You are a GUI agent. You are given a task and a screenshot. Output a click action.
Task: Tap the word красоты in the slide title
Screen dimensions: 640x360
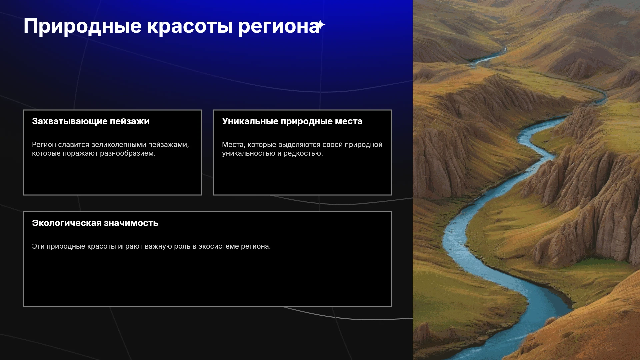coord(190,26)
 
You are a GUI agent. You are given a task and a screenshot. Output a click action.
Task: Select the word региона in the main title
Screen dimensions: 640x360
coord(278,26)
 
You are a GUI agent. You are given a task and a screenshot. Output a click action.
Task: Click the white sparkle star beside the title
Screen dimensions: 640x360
coord(321,25)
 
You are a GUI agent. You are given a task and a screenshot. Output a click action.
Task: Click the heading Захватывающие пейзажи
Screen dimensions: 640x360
coord(91,121)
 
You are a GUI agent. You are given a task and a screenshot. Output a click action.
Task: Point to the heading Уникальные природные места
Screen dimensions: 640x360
coord(292,121)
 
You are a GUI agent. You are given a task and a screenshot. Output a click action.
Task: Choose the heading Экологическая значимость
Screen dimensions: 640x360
coord(95,223)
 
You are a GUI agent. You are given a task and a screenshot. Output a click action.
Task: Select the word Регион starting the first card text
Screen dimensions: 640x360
coord(44,145)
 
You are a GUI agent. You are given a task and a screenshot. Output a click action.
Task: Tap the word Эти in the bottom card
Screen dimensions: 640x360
coord(38,246)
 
